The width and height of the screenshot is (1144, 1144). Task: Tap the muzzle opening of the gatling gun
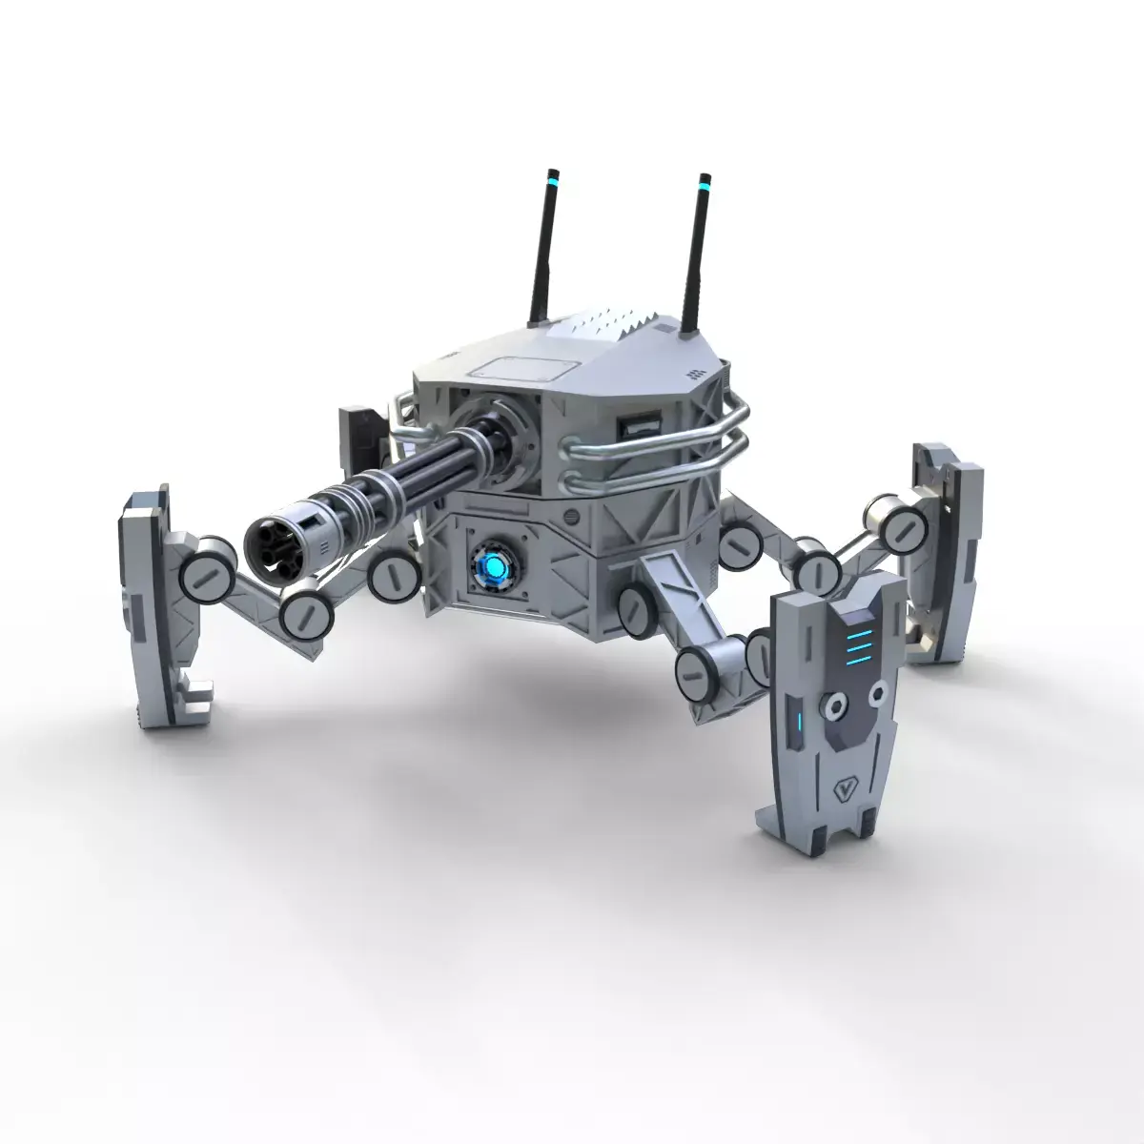pyautogui.click(x=269, y=541)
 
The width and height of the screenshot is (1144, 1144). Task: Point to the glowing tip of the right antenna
pyautogui.click(x=704, y=181)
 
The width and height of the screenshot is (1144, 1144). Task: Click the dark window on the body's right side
pyautogui.click(x=636, y=426)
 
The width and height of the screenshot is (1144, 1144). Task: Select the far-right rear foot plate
pyautogui.click(x=944, y=548)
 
